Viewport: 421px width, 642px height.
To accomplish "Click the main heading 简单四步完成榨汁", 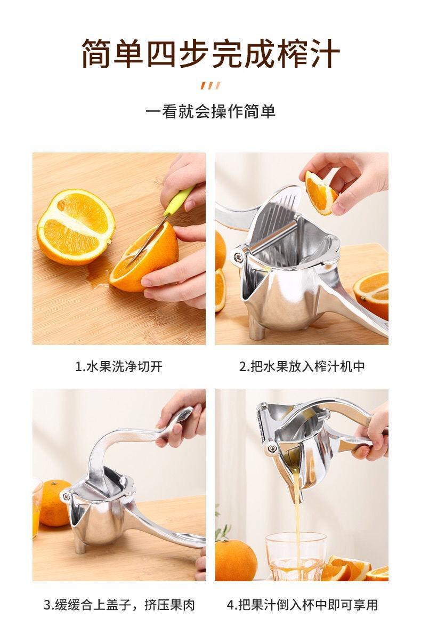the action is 211,54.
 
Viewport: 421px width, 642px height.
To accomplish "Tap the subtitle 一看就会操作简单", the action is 210,111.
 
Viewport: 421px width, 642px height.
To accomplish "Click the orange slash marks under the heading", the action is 210,85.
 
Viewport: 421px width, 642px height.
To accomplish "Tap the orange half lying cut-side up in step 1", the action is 76,227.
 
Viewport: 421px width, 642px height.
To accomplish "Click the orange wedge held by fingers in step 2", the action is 321,192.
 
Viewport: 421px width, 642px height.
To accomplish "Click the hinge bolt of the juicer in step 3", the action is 67,496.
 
